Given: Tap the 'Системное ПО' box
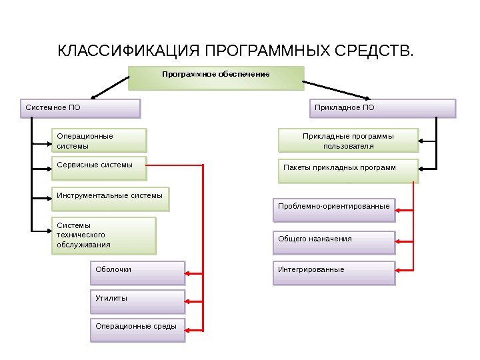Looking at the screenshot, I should coord(81,108).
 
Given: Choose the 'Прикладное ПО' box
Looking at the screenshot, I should coord(384,108).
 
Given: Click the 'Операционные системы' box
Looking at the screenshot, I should coord(99,141).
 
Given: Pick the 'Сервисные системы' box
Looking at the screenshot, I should coord(99,169).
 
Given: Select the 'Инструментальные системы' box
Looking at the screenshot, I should coord(110,198).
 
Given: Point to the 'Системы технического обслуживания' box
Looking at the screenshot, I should coord(103,235).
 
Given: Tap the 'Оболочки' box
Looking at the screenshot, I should coord(137,273).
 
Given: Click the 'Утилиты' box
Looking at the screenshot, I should coord(137,301).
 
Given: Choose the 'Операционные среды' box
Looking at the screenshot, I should coord(137,329).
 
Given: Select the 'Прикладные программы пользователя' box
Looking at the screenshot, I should coord(348,141).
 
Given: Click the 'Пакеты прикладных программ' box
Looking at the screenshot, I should coord(348,170).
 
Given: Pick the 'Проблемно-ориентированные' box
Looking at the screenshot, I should coord(334,209).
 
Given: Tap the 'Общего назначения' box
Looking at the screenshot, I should coord(334,242).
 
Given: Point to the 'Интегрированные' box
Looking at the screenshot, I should coord(334,273).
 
